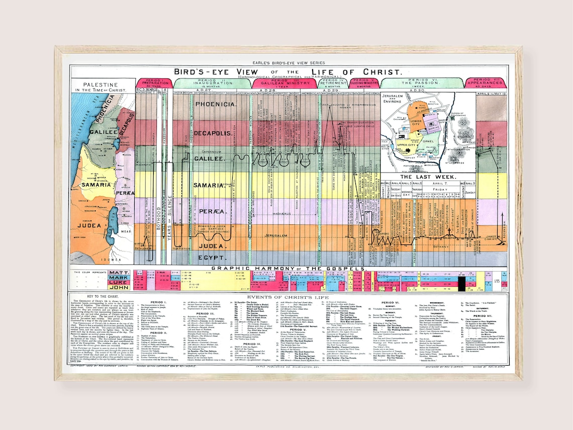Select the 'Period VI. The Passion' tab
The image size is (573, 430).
click(421, 82)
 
